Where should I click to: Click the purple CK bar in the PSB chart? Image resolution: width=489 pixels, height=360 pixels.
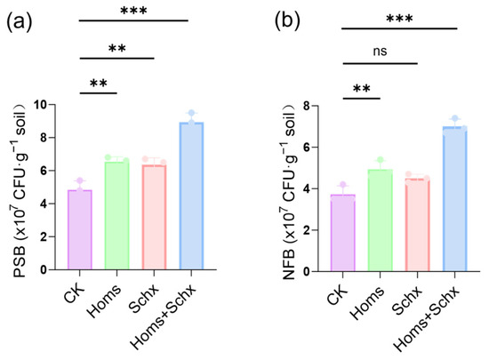point(80,229)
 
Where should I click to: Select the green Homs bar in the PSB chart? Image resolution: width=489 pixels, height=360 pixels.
point(117,216)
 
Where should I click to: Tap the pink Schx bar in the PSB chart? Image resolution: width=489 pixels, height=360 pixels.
point(154,217)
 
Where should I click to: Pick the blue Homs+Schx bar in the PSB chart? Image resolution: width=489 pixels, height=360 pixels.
point(191,196)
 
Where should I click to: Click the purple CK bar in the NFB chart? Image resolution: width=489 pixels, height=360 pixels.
point(343,233)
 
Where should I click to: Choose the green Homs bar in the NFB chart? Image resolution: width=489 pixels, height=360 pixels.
point(381,220)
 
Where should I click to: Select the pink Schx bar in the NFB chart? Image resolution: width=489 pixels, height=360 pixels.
point(418,225)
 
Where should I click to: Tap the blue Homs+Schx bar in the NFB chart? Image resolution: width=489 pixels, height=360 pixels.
point(454,199)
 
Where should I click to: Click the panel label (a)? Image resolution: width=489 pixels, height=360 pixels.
point(19,22)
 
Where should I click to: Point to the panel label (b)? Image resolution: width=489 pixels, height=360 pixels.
point(287,21)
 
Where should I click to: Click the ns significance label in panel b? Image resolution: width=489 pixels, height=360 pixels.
point(380,52)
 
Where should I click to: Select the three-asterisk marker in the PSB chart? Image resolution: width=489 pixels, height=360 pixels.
point(133,11)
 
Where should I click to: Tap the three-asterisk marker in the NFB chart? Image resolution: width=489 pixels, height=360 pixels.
point(399,19)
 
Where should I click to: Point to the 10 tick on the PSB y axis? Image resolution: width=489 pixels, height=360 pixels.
point(42,104)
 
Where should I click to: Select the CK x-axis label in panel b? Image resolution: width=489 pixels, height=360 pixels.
point(337,295)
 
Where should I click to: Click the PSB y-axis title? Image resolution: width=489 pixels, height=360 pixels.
point(20,190)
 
